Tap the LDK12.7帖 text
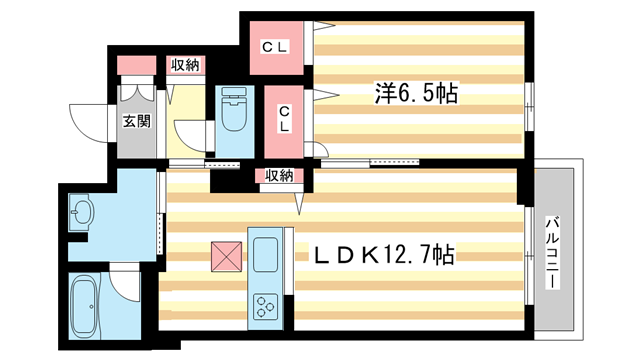[385, 256]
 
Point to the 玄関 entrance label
[136, 122]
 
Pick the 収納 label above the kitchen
[279, 176]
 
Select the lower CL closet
[284, 118]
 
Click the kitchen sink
[267, 255]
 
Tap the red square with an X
[226, 257]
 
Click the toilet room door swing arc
[192, 135]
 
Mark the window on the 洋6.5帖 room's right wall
[529, 96]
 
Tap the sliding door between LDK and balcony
[527, 256]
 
